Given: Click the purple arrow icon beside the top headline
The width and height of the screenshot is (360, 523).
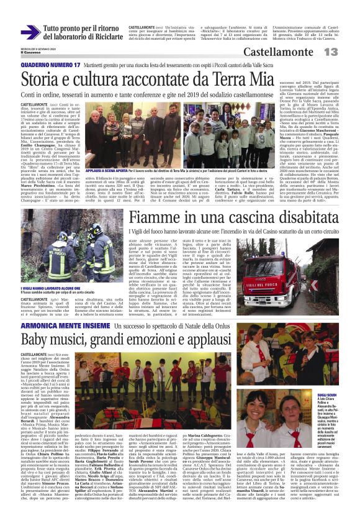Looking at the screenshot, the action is coord(30,32).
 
